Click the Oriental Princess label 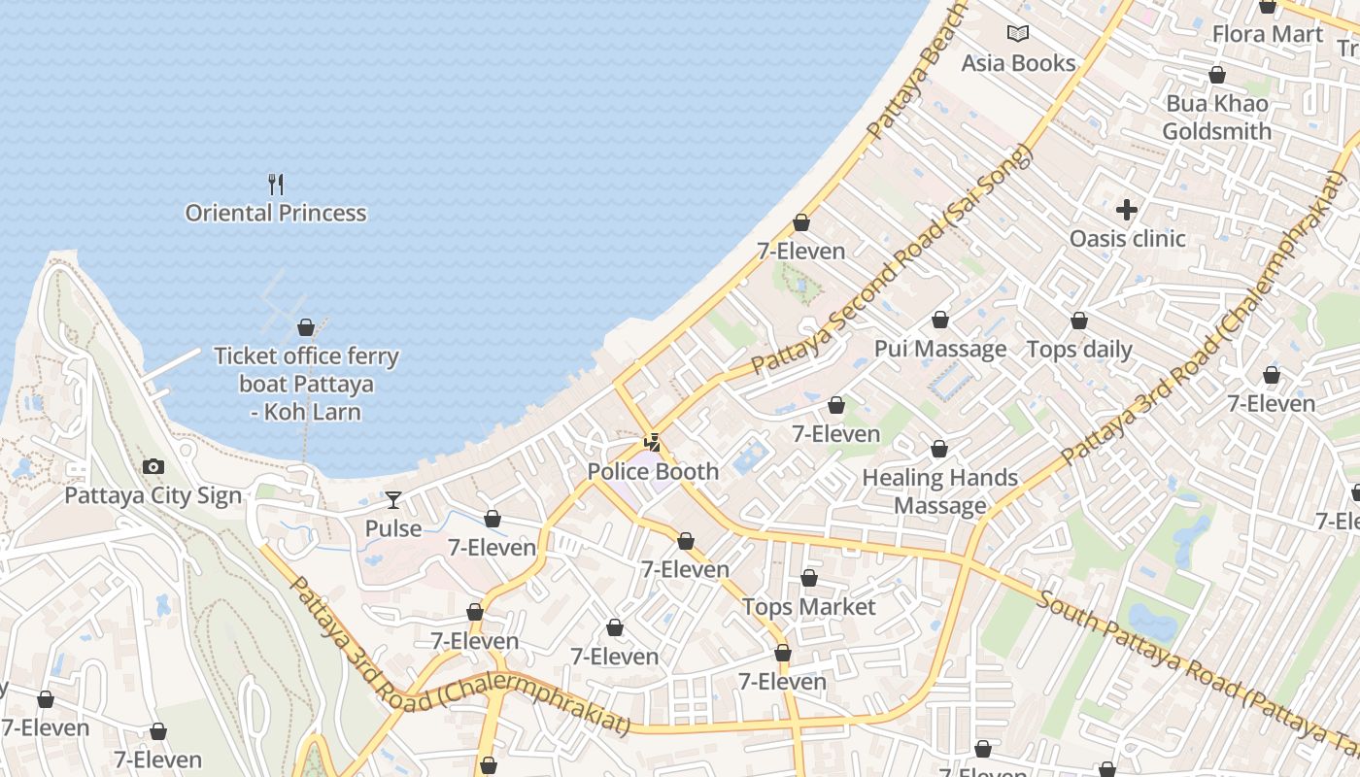tap(276, 213)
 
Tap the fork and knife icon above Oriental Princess tap(276, 183)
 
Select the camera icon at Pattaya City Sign tap(153, 467)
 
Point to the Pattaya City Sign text tap(153, 496)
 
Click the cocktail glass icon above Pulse tap(393, 500)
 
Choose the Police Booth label tap(653, 472)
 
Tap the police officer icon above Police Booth tap(653, 443)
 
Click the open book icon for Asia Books tap(1018, 34)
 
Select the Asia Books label tap(1018, 63)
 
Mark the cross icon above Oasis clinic tap(1127, 209)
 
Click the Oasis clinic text tap(1127, 239)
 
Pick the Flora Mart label tap(1267, 34)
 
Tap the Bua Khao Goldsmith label tap(1216, 118)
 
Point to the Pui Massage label tap(940, 349)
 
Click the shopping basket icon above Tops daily tap(1079, 321)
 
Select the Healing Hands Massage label tap(940, 491)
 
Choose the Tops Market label tap(809, 607)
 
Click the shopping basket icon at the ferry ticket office tap(306, 327)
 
